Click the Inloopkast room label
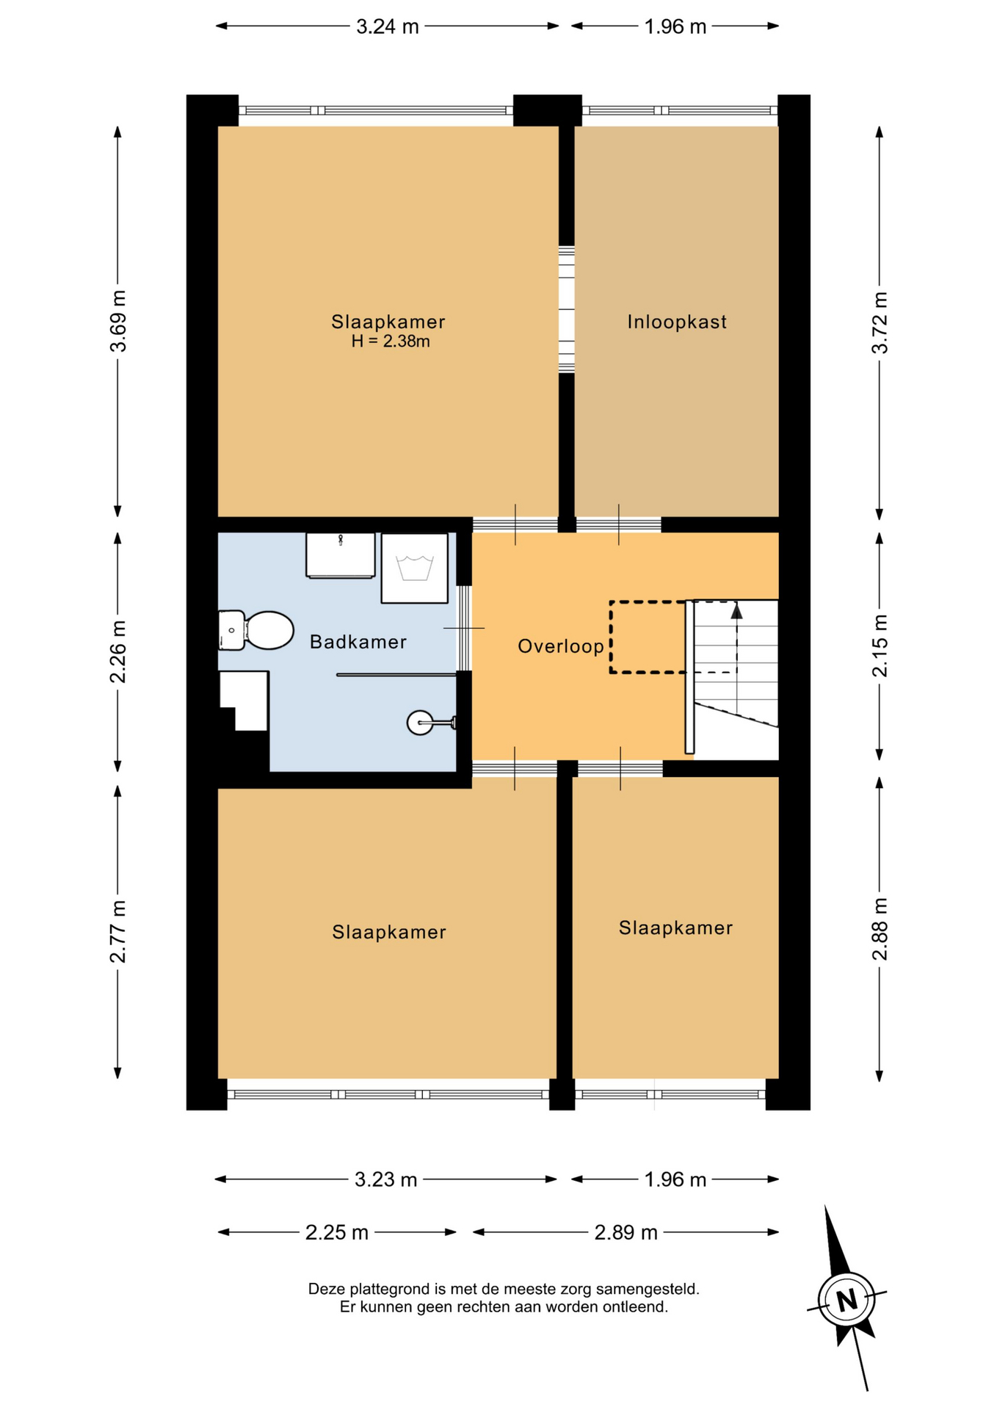point(676,322)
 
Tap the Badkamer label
point(358,642)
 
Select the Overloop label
point(561,646)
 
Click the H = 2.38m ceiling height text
point(390,341)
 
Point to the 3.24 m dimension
point(388,27)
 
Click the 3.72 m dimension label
point(880,322)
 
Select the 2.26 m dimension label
point(117,651)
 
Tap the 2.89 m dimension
point(626,1232)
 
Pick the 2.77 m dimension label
point(117,931)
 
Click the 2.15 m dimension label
point(880,646)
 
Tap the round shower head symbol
point(420,723)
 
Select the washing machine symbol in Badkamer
point(415,568)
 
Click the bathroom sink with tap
point(341,555)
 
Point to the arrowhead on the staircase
point(736,611)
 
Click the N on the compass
point(847,1300)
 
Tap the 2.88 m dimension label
point(880,929)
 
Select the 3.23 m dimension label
point(386,1179)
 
